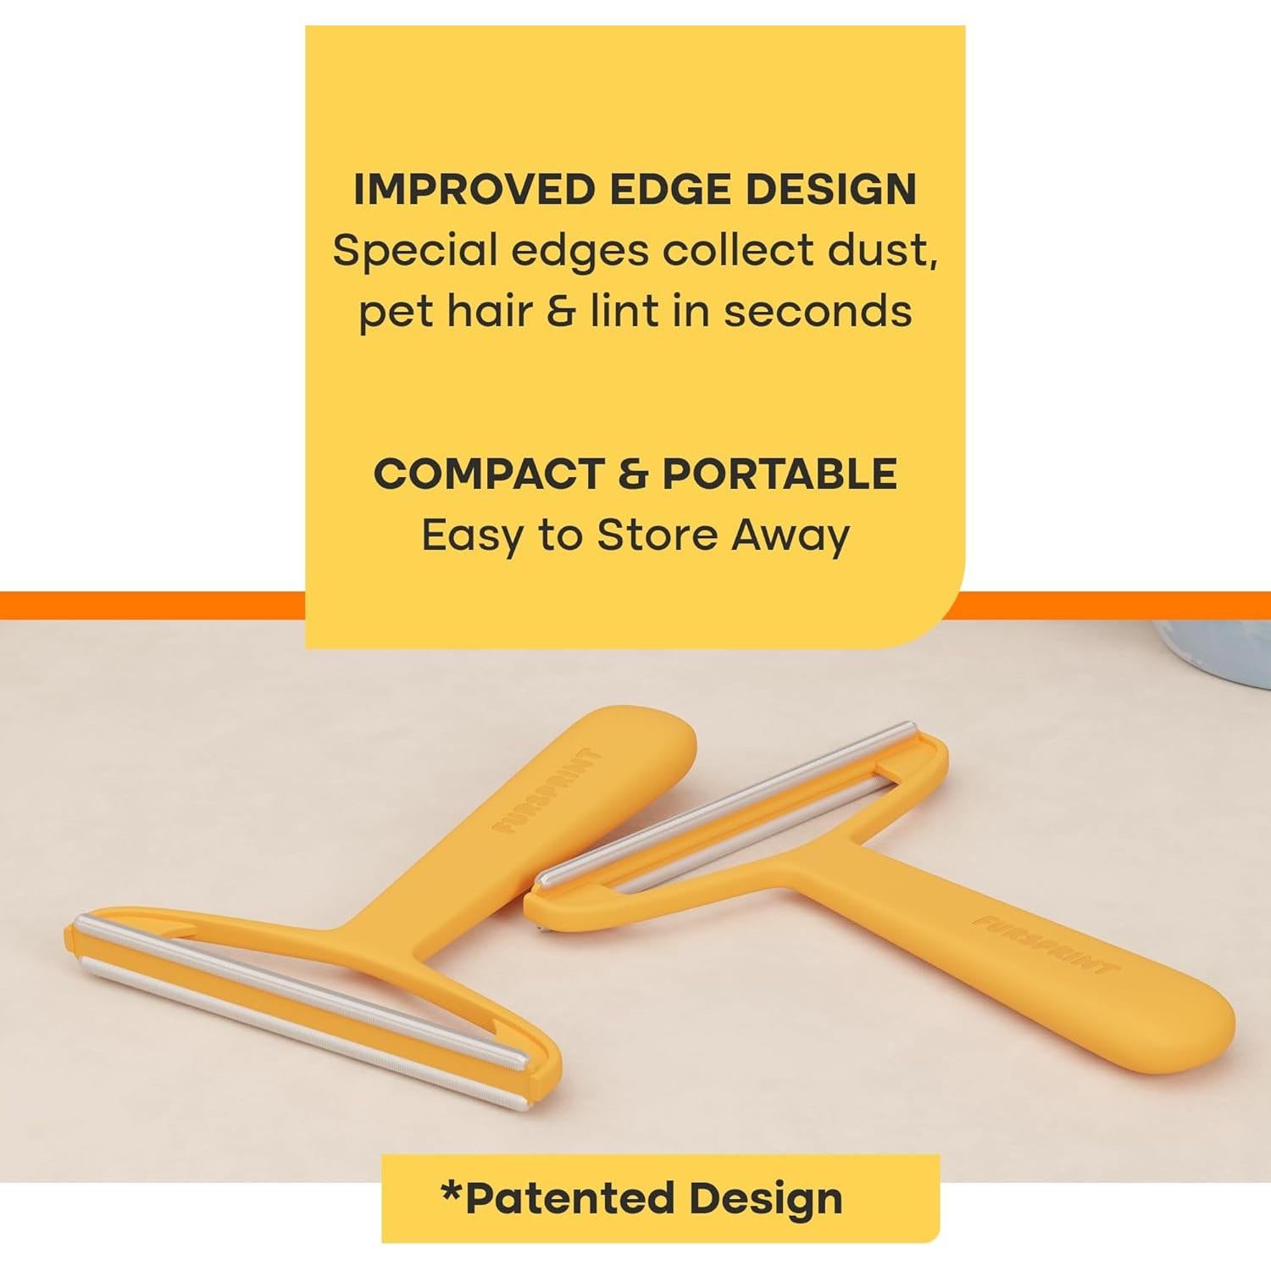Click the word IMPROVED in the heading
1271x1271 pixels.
click(475, 189)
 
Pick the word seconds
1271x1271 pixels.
click(818, 311)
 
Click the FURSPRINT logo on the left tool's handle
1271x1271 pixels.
click(547, 790)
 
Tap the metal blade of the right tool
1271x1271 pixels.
click(724, 805)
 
